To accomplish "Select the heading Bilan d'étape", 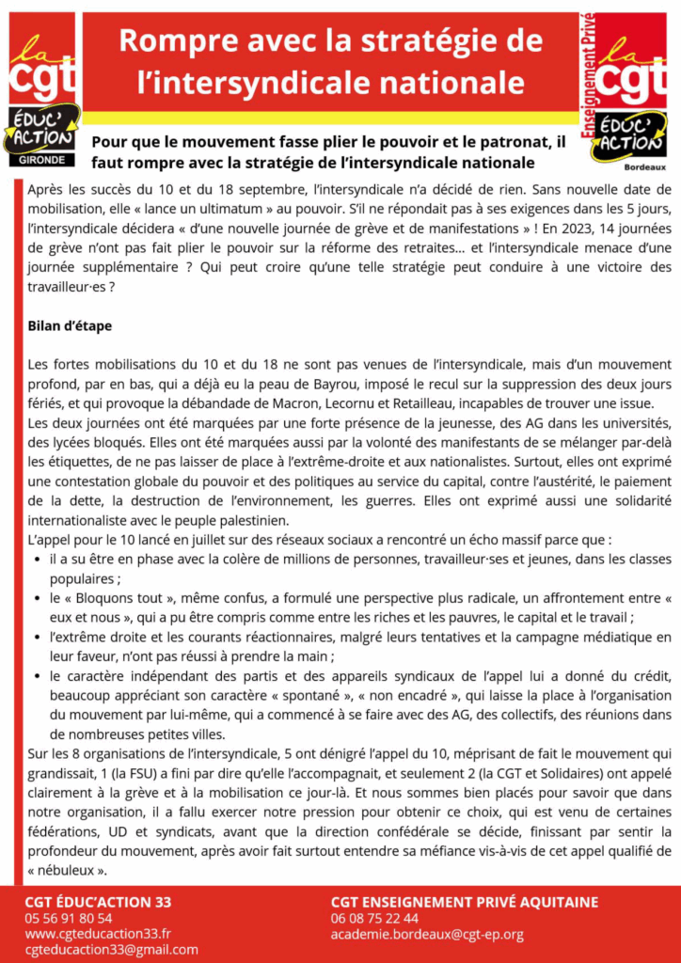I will (70, 326).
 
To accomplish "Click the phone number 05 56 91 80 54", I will (68, 918).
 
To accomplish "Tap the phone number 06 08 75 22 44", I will (374, 918).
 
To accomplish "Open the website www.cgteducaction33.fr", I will (98, 934).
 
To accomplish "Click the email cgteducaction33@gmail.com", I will (111, 950).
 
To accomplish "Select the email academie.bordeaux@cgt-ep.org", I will (427, 934).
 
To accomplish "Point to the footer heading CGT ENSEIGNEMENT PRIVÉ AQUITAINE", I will (464, 901).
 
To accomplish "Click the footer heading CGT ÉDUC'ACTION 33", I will (98, 901).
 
